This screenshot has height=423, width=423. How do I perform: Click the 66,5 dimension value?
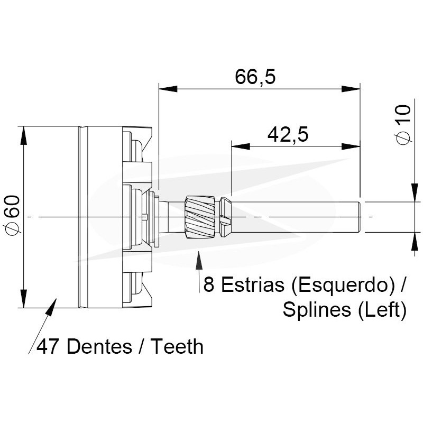(255, 77)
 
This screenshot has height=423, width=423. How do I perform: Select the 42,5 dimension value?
(288, 135)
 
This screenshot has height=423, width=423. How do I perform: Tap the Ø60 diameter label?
(13, 215)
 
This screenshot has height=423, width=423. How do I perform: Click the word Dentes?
(99, 346)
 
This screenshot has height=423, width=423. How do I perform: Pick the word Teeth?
(177, 346)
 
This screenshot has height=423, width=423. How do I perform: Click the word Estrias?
(252, 284)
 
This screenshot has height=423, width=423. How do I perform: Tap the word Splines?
(317, 310)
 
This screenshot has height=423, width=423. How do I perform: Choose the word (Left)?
(382, 310)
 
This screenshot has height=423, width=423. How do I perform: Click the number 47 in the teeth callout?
(47, 347)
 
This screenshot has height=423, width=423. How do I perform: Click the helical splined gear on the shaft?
(200, 217)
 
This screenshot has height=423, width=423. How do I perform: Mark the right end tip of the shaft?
(361, 217)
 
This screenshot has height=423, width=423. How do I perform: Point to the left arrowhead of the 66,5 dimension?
(168, 89)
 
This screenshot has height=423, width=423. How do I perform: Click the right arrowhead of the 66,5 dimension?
(351, 89)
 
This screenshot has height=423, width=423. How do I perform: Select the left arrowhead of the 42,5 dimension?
(241, 146)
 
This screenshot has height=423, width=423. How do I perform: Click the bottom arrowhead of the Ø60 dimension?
(24, 298)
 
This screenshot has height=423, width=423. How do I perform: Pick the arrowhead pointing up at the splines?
(199, 260)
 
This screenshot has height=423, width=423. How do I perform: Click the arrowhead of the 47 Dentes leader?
(51, 307)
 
